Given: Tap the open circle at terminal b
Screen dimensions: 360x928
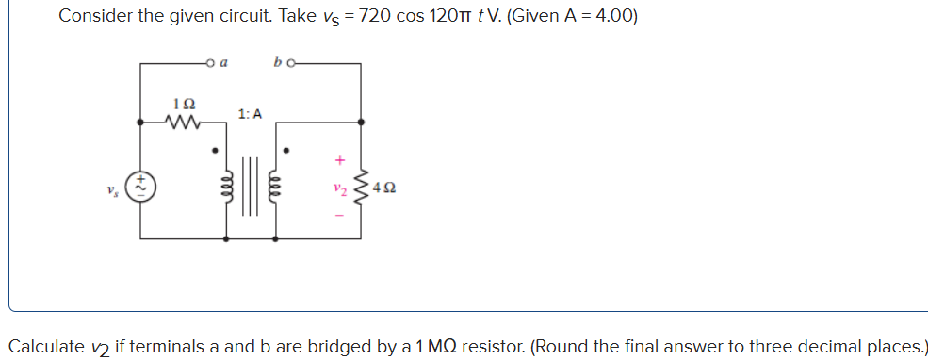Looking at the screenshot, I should pos(291,64).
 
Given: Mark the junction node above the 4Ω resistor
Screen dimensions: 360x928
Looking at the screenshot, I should pos(361,121).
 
